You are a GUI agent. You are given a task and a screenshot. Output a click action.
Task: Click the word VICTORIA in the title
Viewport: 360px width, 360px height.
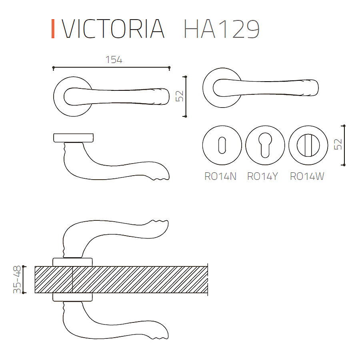coord(113,29)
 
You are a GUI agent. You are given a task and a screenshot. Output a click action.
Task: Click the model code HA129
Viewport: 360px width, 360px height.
coord(222,29)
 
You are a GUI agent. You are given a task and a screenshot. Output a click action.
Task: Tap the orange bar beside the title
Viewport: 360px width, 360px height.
coord(53,29)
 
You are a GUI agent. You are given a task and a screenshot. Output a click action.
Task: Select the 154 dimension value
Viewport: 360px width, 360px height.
coord(114,60)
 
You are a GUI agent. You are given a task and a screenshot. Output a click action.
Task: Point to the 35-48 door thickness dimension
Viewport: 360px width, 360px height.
coord(17,280)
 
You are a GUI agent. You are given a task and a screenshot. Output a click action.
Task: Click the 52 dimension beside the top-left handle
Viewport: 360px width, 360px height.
coord(180,96)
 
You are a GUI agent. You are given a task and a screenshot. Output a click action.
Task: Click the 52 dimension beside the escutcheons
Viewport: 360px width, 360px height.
coord(338,145)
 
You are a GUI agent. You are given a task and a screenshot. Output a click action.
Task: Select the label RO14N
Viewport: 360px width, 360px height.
coord(220,176)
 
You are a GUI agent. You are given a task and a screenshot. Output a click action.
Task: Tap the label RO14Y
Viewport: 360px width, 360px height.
coord(263,176)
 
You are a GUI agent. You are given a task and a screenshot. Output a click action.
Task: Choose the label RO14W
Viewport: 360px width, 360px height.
coord(307,176)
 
